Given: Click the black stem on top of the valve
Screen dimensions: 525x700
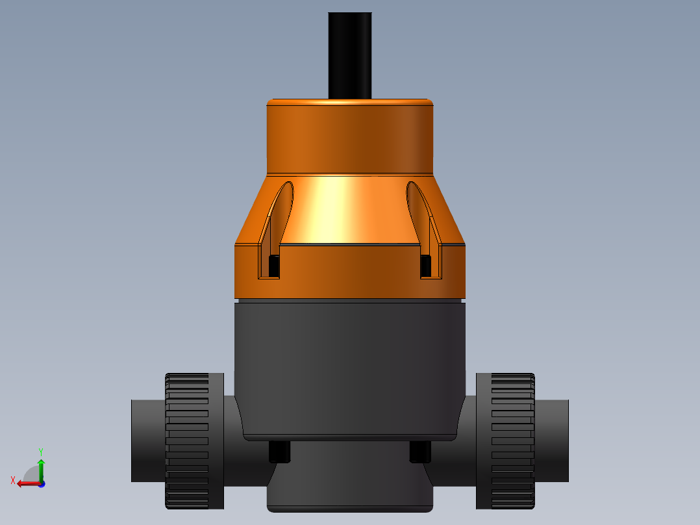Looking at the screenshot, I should click(x=350, y=55).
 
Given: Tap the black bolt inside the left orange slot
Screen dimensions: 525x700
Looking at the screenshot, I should click(x=274, y=264).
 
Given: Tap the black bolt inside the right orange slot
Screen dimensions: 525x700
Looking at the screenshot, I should click(x=426, y=264).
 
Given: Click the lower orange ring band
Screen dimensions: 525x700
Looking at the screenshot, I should click(x=350, y=273).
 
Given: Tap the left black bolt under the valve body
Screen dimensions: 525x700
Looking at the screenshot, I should click(x=279, y=452).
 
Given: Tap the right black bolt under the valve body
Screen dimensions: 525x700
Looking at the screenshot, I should click(x=420, y=452).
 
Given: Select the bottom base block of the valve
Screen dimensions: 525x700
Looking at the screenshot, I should click(x=350, y=481).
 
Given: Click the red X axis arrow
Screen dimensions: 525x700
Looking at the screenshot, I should click(x=25, y=483).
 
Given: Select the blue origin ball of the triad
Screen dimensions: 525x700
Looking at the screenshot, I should click(x=41, y=483).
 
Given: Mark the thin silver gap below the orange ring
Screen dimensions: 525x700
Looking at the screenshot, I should click(x=350, y=301).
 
